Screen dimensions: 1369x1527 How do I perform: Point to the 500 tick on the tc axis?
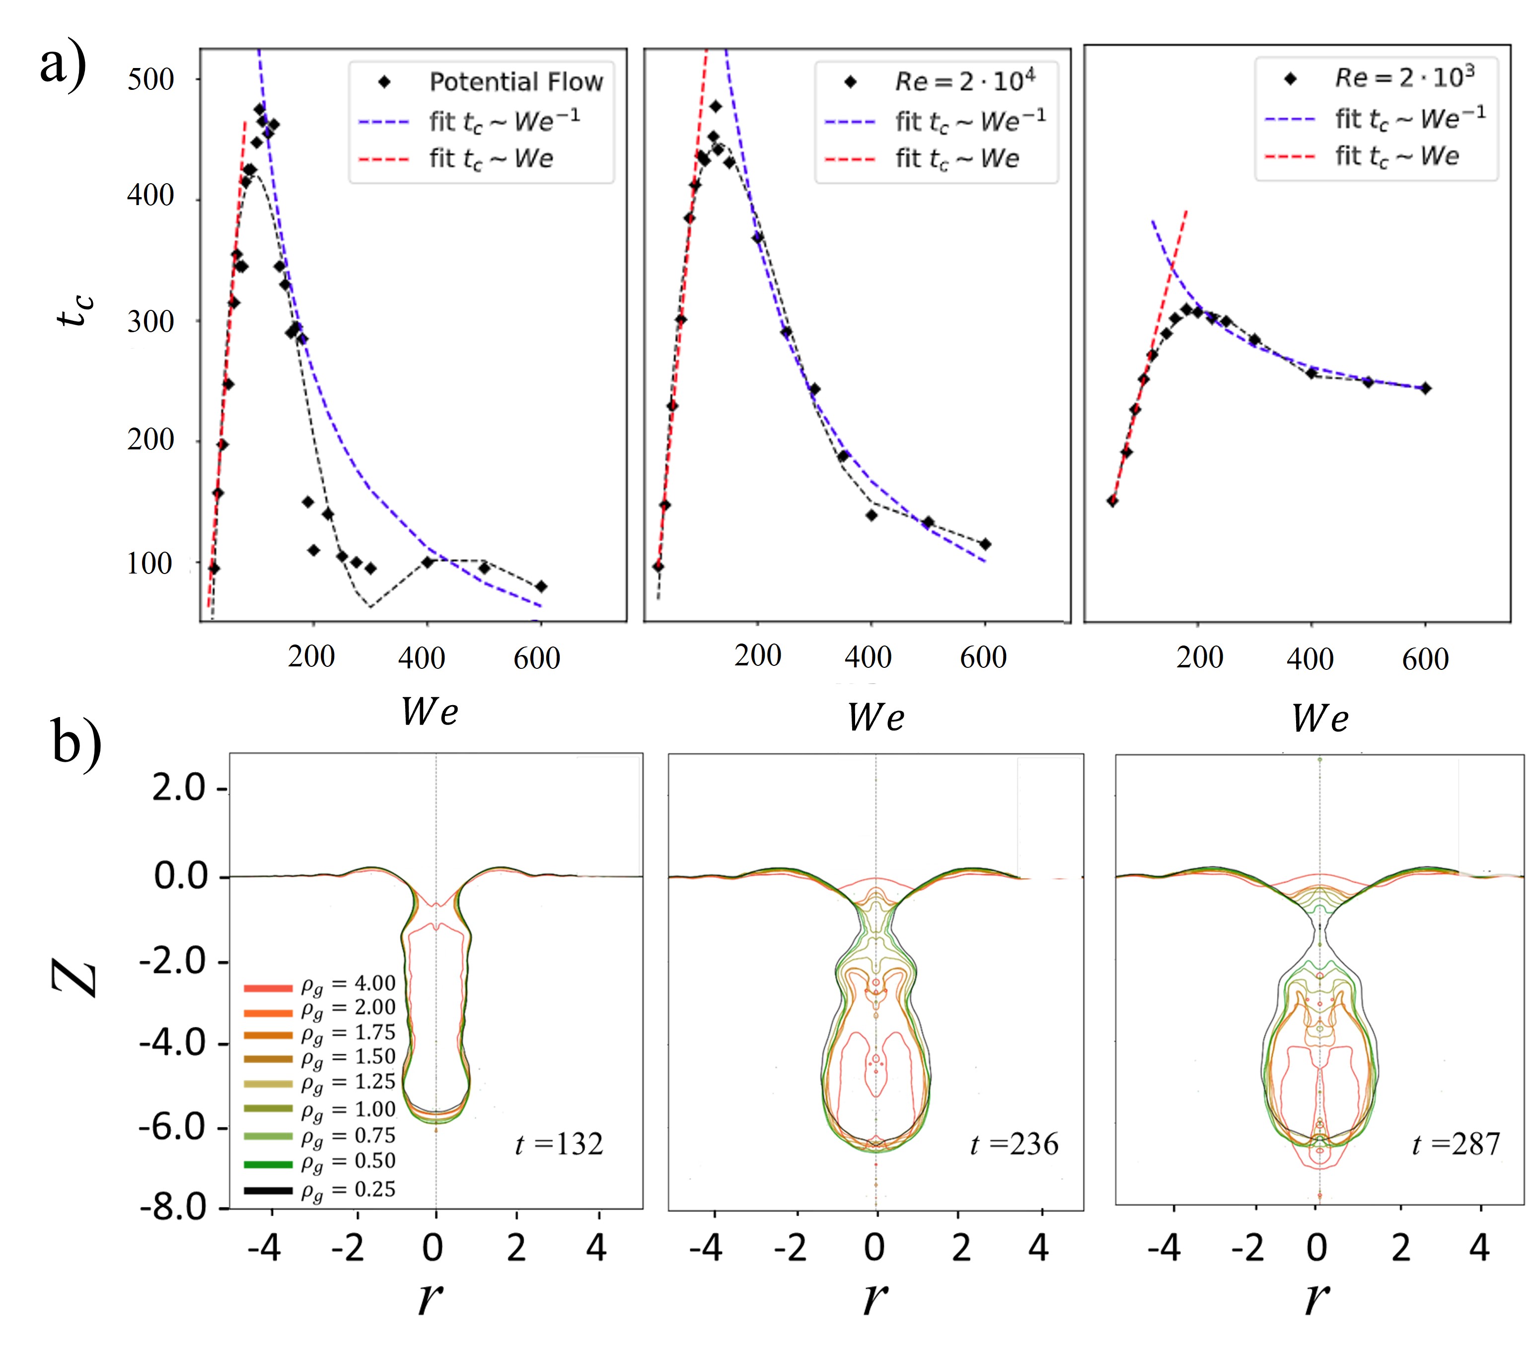click(x=150, y=79)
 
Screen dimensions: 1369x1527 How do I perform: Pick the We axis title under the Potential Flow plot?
click(x=429, y=712)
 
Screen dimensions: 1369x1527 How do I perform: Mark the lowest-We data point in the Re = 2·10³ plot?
click(x=1112, y=501)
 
